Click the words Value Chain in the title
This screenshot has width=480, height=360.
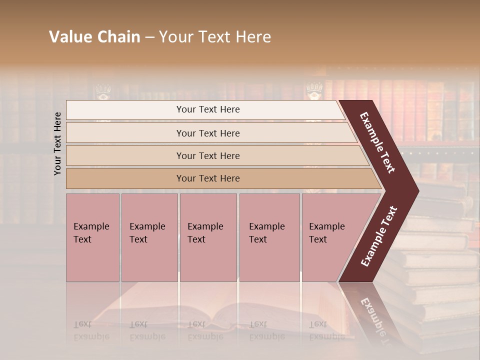pyautogui.click(x=94, y=37)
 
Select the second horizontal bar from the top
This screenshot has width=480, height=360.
pyautogui.click(x=208, y=133)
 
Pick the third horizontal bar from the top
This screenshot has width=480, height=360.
pyautogui.click(x=208, y=155)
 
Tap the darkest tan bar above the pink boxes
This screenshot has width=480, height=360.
pyautogui.click(x=208, y=178)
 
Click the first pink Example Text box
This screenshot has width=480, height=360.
pyautogui.click(x=92, y=237)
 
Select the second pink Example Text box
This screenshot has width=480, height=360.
pyautogui.click(x=149, y=237)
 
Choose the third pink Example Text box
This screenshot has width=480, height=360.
pyautogui.click(x=208, y=237)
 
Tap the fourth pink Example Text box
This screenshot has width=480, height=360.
pyautogui.click(x=269, y=237)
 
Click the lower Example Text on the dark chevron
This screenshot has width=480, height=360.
pyautogui.click(x=378, y=236)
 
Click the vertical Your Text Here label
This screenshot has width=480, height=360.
pyautogui.click(x=57, y=143)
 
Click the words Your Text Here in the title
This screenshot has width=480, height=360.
pyautogui.click(x=215, y=37)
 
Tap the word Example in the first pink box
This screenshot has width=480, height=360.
pyautogui.click(x=91, y=226)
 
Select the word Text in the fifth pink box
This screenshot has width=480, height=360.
pyautogui.click(x=318, y=239)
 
